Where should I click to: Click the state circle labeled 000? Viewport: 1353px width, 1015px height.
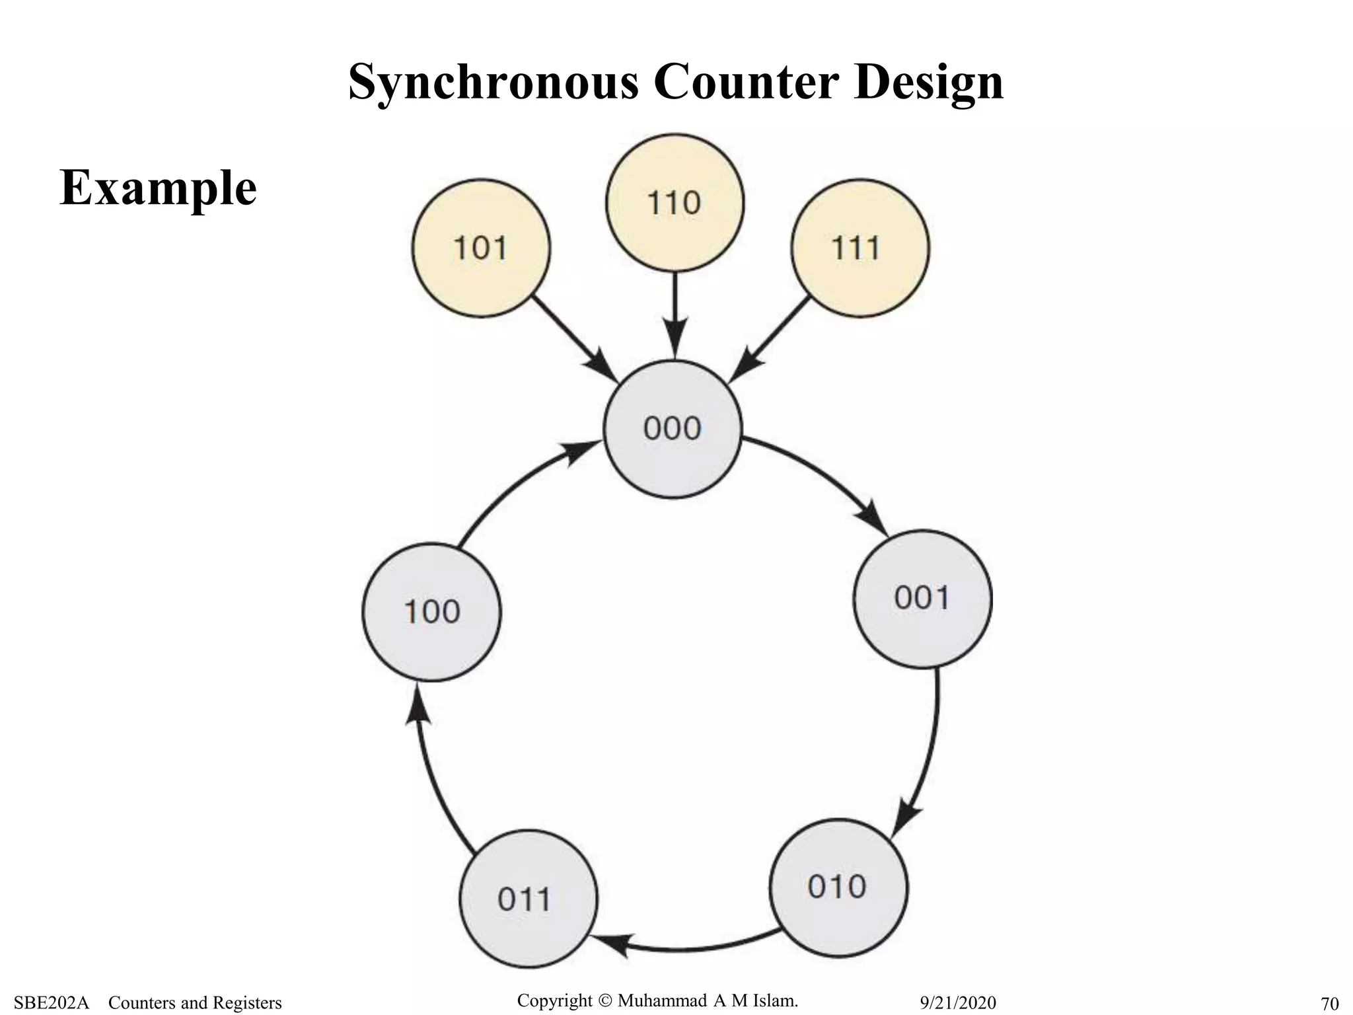point(673,430)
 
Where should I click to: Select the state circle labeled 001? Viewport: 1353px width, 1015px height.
point(922,599)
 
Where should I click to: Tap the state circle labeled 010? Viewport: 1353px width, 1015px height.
point(838,887)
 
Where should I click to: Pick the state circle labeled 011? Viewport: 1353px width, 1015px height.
point(527,899)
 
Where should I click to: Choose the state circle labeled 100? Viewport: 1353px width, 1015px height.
point(431,612)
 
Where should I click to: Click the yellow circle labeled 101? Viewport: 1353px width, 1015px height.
point(481,248)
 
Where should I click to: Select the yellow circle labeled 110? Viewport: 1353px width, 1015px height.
point(675,203)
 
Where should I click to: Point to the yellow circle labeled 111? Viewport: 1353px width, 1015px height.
point(859,248)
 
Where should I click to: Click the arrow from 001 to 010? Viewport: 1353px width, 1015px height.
point(928,753)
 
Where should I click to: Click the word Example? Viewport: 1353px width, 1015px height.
point(158,188)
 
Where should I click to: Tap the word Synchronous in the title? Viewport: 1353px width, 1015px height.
point(493,82)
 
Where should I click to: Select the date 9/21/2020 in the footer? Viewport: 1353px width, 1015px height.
point(957,1003)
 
